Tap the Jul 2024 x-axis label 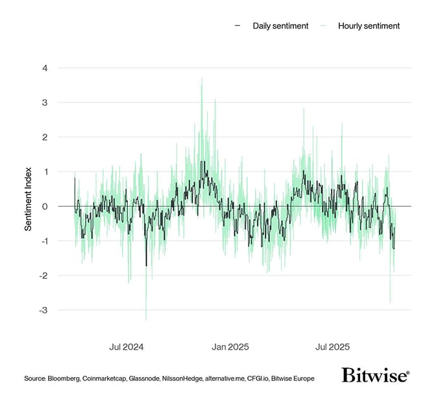point(127,347)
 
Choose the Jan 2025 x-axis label point(231,347)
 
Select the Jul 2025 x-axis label point(333,347)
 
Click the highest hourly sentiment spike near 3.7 point(202,79)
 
